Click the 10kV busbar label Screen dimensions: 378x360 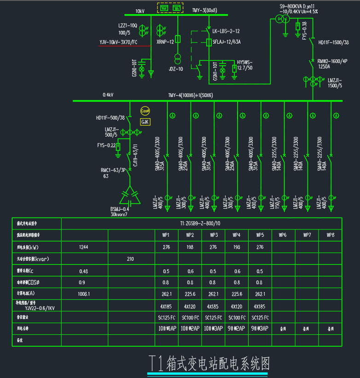click(139, 11)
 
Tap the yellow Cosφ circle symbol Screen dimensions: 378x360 click(145, 111)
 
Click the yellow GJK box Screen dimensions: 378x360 click(145, 122)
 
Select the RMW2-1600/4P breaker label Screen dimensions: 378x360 click(333, 61)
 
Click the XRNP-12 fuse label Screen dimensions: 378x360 click(165, 42)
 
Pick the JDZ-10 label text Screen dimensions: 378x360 click(176, 69)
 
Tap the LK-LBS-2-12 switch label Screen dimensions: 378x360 click(226, 31)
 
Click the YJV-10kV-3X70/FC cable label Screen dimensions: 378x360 click(118, 42)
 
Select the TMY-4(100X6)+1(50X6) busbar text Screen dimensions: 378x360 click(190, 96)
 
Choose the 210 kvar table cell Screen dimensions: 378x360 click(130, 259)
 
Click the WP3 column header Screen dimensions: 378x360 click(214, 235)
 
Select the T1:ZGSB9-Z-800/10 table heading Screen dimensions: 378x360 click(201, 223)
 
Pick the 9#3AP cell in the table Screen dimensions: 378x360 click(260, 329)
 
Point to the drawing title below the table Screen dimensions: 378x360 click(209, 363)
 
